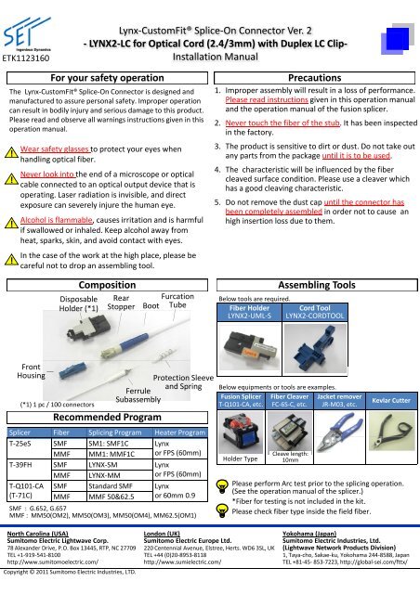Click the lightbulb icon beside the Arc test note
tap(223, 489)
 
